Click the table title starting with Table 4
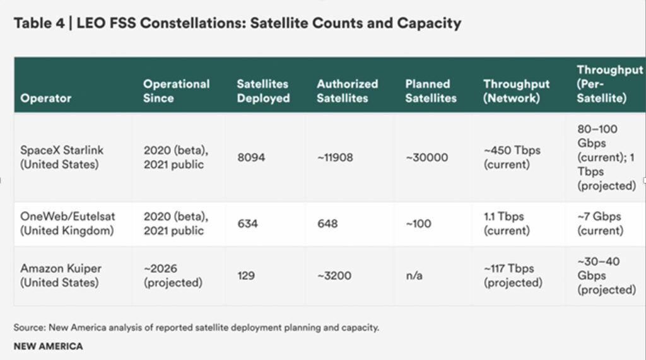(237, 24)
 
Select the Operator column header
(45, 98)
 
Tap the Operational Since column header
(176, 91)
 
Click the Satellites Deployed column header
(263, 91)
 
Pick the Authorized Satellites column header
(347, 91)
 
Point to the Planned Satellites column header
(430, 91)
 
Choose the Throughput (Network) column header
(516, 91)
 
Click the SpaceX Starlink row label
(62, 157)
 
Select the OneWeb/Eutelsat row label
(68, 223)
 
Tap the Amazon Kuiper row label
(61, 276)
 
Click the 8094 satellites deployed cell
(251, 157)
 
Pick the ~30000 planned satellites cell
(426, 157)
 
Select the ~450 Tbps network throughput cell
(512, 157)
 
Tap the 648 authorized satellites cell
(327, 223)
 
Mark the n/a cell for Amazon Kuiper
(414, 276)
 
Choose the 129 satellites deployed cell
(246, 276)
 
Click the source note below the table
(196, 328)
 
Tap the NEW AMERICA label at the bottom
(48, 346)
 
